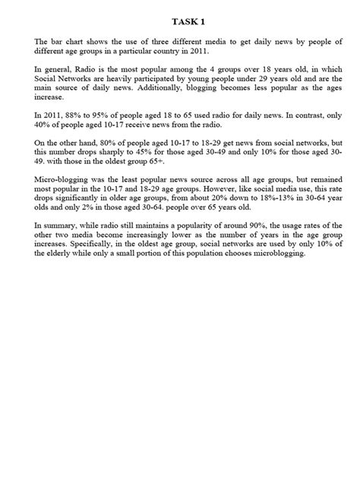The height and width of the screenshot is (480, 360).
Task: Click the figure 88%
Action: (x=72, y=128)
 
